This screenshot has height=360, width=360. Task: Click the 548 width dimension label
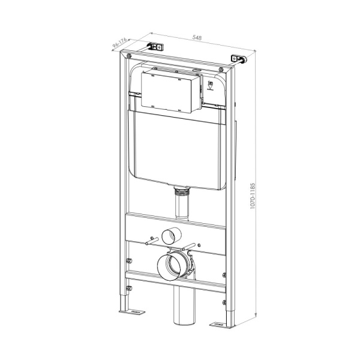click(197, 38)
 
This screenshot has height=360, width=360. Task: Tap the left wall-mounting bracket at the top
click(156, 47)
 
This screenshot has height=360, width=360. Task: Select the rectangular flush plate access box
click(170, 91)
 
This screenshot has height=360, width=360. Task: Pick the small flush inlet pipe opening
click(175, 235)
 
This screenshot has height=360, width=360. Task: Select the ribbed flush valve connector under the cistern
click(179, 192)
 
